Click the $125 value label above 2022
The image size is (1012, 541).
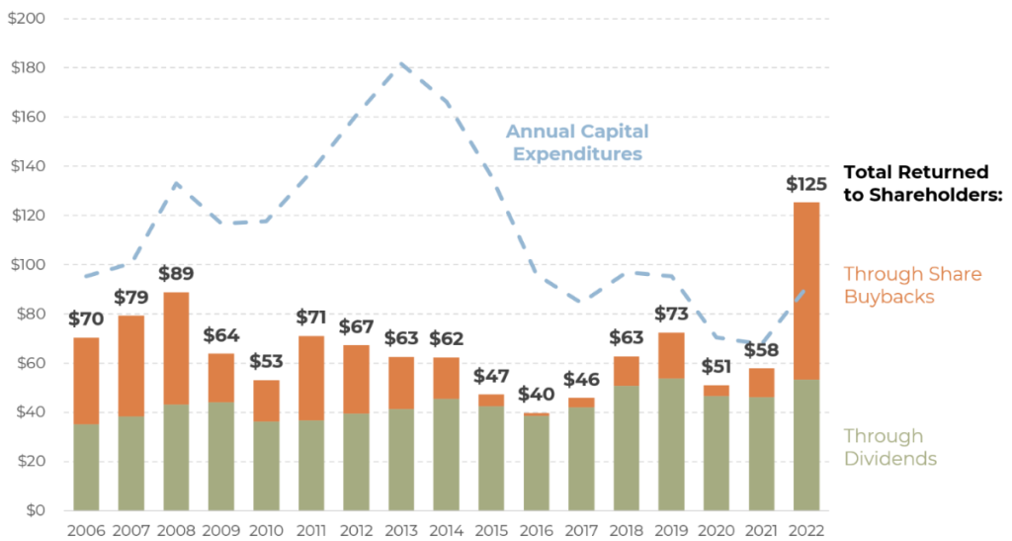tap(805, 184)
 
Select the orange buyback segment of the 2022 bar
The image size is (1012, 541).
tap(804, 291)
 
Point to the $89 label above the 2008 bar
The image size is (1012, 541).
tap(175, 274)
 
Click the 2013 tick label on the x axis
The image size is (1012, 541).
tap(399, 529)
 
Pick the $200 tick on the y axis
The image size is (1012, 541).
tap(26, 19)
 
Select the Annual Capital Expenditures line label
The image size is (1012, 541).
tap(577, 142)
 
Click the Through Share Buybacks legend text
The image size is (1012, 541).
tap(912, 285)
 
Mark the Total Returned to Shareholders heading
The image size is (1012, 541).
tap(923, 183)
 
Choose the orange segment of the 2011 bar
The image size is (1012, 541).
tap(312, 378)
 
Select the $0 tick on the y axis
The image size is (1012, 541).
tap(35, 510)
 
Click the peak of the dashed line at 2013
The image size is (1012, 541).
tap(402, 64)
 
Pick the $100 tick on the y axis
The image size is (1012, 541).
tap(27, 265)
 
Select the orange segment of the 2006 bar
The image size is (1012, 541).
tap(86, 381)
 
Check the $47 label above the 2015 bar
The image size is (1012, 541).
tap(490, 376)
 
